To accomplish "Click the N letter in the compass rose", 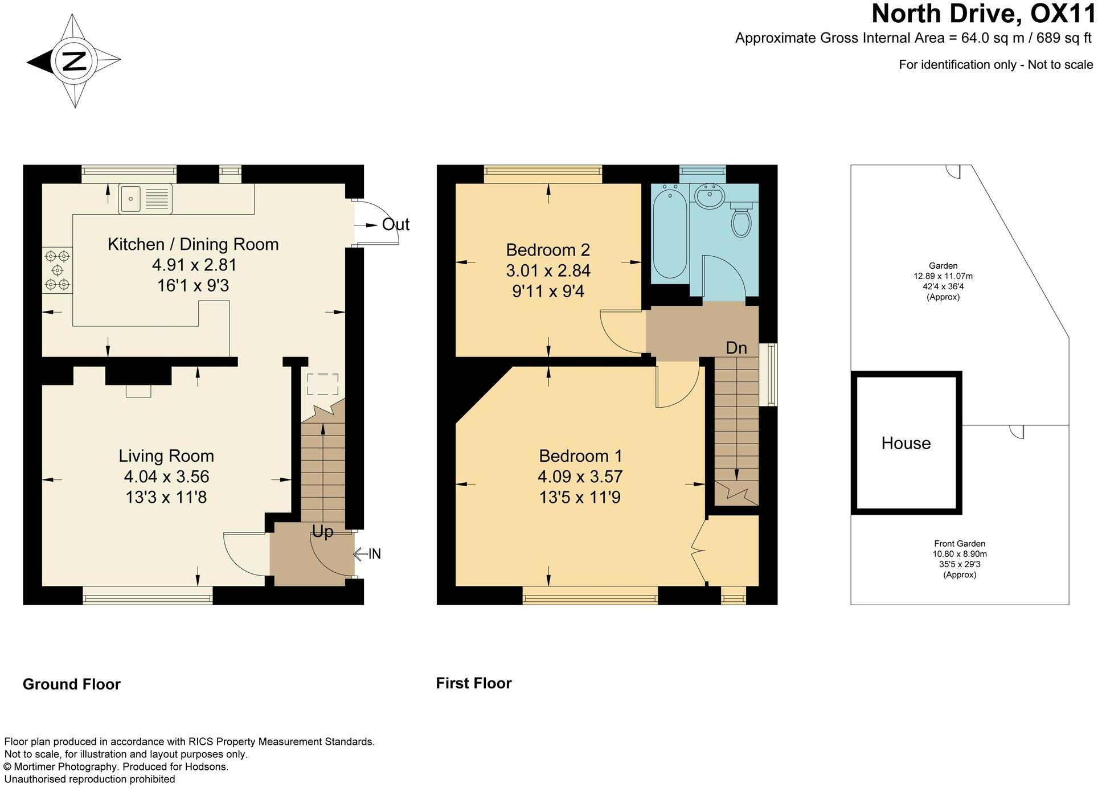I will tap(73, 61).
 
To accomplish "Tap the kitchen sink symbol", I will tap(145, 199).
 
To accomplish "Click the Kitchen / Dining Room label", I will tap(193, 244).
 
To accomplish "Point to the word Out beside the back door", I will tap(395, 224).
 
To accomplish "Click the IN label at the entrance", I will tap(374, 554).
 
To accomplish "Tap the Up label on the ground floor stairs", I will tap(322, 532).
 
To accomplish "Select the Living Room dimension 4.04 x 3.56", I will tap(166, 477).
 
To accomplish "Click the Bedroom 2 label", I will tap(548, 250).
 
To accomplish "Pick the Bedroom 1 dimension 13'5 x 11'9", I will tap(580, 498).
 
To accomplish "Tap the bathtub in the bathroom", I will tap(670, 233).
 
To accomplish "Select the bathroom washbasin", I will tap(709, 197).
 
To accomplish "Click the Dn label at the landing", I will tap(736, 348).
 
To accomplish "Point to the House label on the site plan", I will tap(906, 443).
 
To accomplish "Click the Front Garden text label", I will tap(959, 544).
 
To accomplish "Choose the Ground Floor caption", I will tap(72, 684).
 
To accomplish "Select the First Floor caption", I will tap(474, 683).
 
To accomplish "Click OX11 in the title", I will tap(1062, 14).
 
